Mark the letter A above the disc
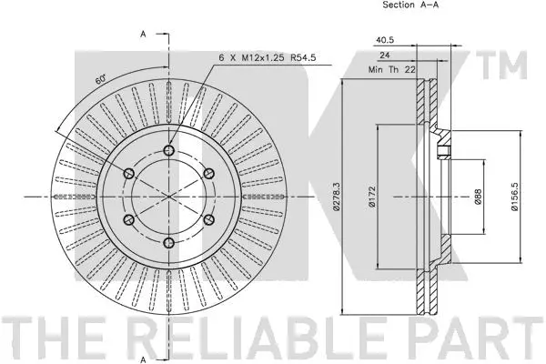143,35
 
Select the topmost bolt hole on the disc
170,151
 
